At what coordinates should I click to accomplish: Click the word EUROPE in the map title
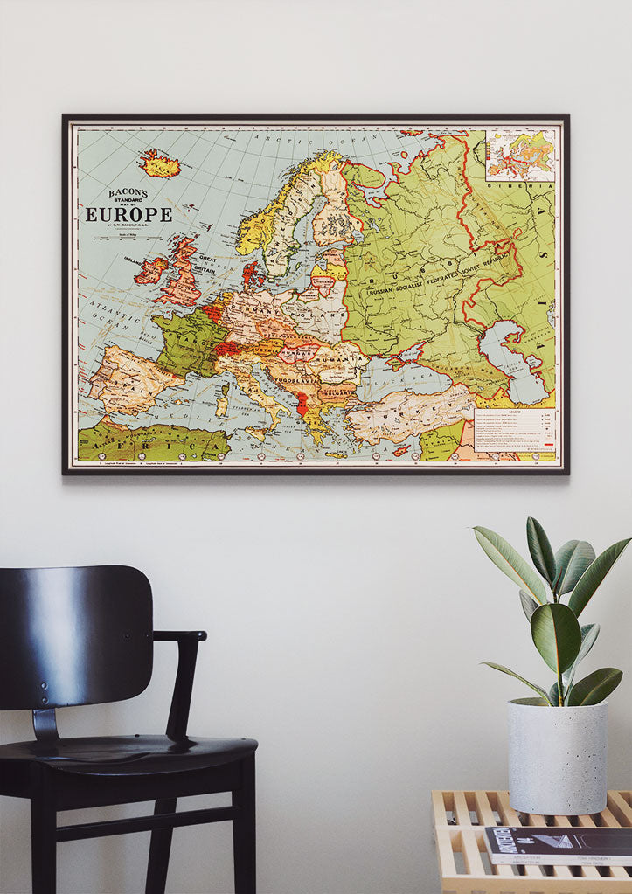(128, 214)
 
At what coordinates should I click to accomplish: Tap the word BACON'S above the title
(128, 193)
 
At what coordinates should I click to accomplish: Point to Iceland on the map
(159, 163)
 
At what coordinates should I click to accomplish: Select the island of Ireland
(149, 269)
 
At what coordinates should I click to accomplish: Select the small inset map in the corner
(520, 155)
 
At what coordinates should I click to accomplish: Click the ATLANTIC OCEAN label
(113, 320)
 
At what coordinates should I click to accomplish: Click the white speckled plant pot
(558, 756)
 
